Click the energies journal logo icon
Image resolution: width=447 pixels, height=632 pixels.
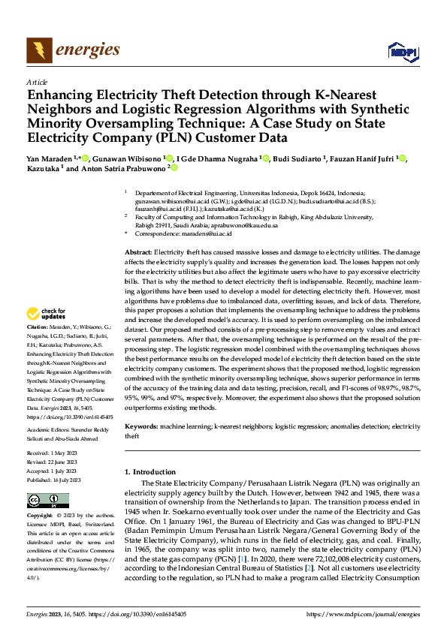37,50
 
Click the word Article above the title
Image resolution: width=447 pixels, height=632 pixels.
37,82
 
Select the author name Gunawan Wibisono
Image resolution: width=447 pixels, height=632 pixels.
128,158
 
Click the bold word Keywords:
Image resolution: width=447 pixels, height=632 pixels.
140,426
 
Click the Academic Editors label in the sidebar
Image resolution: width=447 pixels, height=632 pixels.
50,430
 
